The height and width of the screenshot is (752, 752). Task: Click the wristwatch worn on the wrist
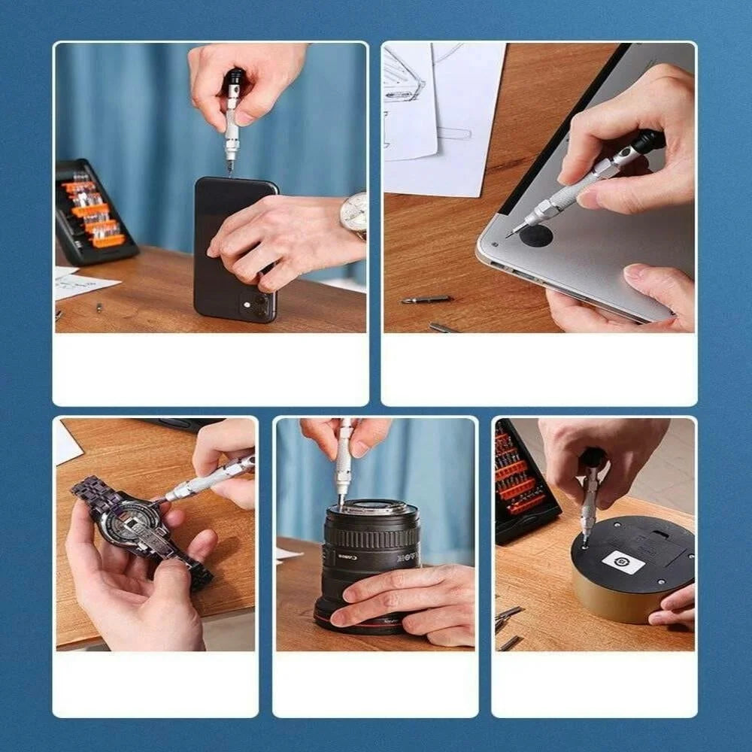pos(354,214)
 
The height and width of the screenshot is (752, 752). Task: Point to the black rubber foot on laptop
pos(535,236)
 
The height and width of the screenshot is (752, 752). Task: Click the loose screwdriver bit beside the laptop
pos(427,299)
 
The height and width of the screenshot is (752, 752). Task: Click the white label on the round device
pos(623,562)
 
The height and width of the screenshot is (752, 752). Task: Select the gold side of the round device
pos(602,602)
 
